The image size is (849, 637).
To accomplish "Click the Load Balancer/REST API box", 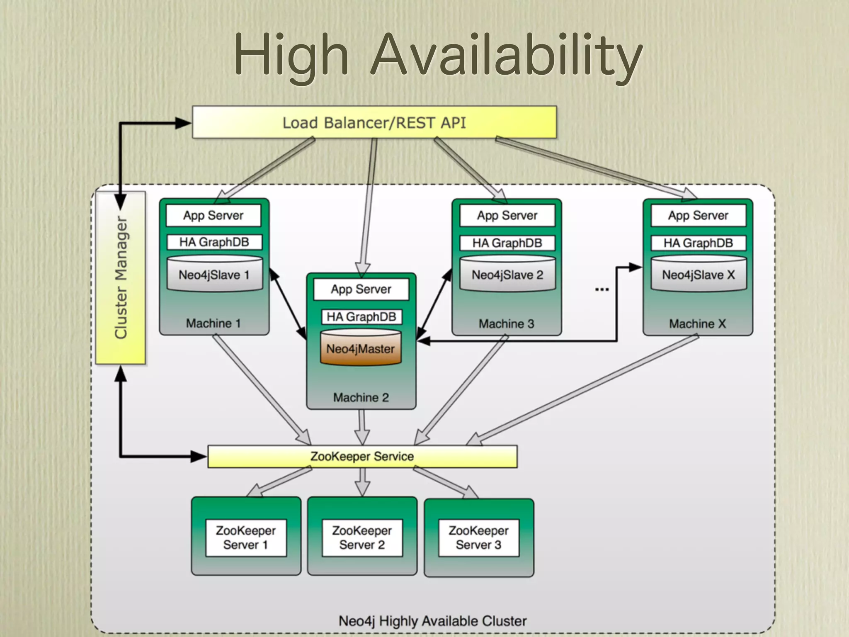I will pyautogui.click(x=374, y=123).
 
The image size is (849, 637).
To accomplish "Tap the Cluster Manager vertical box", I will pyautogui.click(x=121, y=277).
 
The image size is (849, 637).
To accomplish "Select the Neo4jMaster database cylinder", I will pyautogui.click(x=361, y=348).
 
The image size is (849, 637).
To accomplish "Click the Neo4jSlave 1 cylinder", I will pyautogui.click(x=214, y=274).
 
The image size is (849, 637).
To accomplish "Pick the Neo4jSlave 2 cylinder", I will pyautogui.click(x=507, y=274).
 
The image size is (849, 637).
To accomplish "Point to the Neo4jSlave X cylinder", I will pyautogui.click(x=699, y=274).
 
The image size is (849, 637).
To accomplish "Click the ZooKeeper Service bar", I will pyautogui.click(x=362, y=456).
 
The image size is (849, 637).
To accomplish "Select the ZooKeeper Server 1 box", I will pyautogui.click(x=246, y=537).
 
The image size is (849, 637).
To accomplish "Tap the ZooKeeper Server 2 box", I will pyautogui.click(x=362, y=537).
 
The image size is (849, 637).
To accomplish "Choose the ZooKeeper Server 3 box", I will pyautogui.click(x=479, y=537).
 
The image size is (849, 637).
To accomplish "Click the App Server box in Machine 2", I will pyautogui.click(x=361, y=289).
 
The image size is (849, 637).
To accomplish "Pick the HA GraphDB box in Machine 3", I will pyautogui.click(x=507, y=243).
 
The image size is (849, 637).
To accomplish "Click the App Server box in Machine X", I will pyautogui.click(x=698, y=215).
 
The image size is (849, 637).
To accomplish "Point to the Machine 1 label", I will pyautogui.click(x=213, y=323).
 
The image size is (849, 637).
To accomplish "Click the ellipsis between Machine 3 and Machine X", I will pyautogui.click(x=602, y=289).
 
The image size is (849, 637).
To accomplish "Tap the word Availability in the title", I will pyautogui.click(x=506, y=56).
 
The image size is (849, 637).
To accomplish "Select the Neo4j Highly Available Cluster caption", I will pyautogui.click(x=432, y=621).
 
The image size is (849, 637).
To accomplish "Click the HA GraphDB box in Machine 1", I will pyautogui.click(x=214, y=242).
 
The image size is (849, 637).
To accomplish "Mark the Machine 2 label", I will pyautogui.click(x=361, y=397).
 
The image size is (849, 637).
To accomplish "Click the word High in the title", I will pyautogui.click(x=291, y=56).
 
